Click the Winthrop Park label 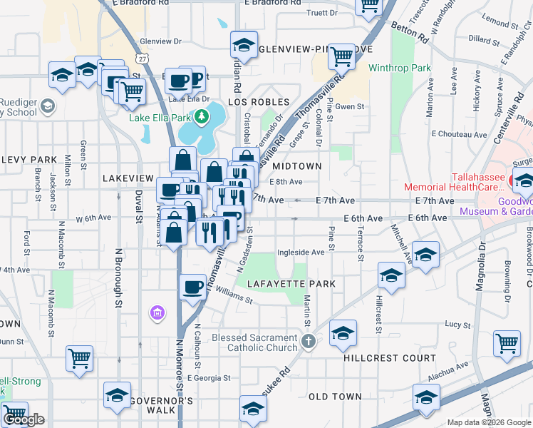[x=400, y=68]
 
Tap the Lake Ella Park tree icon [x=202, y=116]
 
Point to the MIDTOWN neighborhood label [x=297, y=166]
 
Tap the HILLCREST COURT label [x=389, y=358]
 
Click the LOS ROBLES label [x=259, y=103]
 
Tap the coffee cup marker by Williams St [x=192, y=287]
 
